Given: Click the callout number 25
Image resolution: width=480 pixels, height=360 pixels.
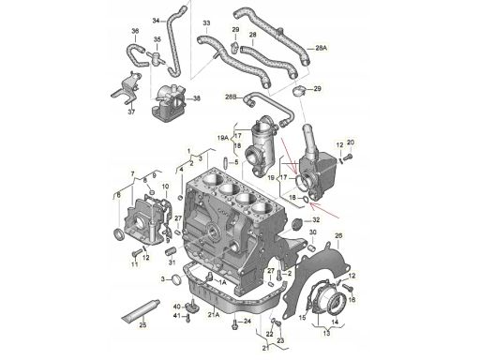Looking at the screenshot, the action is pyautogui.click(x=142, y=325).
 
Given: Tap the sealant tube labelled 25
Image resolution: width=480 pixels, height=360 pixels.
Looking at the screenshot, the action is pyautogui.click(x=141, y=310).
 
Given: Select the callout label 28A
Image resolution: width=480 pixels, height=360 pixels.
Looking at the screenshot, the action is pyautogui.click(x=322, y=48).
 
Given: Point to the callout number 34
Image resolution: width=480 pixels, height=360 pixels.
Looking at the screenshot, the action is pyautogui.click(x=157, y=21).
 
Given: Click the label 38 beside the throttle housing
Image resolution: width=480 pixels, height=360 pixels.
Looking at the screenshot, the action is pyautogui.click(x=196, y=98).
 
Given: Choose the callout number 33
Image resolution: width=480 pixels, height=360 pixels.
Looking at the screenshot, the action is pyautogui.click(x=206, y=23).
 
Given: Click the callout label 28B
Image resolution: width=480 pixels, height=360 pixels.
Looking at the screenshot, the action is pyautogui.click(x=232, y=97).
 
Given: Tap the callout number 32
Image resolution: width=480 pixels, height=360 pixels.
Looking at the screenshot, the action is pyautogui.click(x=316, y=220).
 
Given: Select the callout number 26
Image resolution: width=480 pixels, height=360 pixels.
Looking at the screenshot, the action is pyautogui.click(x=338, y=235).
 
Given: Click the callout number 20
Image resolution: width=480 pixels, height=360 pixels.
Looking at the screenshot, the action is pyautogui.click(x=351, y=142).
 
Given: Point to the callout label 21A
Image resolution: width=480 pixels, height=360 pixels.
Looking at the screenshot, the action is pyautogui.click(x=215, y=315).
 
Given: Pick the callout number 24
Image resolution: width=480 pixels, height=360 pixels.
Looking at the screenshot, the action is pyautogui.click(x=247, y=321).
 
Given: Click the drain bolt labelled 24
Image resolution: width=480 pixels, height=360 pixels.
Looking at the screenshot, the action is pyautogui.click(x=235, y=323).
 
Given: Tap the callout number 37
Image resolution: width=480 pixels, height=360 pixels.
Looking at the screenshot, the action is pyautogui.click(x=131, y=112).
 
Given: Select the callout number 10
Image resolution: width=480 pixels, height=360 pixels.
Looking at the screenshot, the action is pyautogui.click(x=165, y=187).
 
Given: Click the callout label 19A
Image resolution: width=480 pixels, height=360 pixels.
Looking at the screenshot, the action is pyautogui.click(x=223, y=138).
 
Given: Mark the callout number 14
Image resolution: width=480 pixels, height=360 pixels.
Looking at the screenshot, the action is pyautogui.click(x=335, y=322).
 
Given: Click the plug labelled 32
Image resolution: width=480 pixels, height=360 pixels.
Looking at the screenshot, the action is pyautogui.click(x=296, y=223).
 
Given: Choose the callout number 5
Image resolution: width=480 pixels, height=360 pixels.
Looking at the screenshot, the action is pyautogui.click(x=236, y=162).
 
